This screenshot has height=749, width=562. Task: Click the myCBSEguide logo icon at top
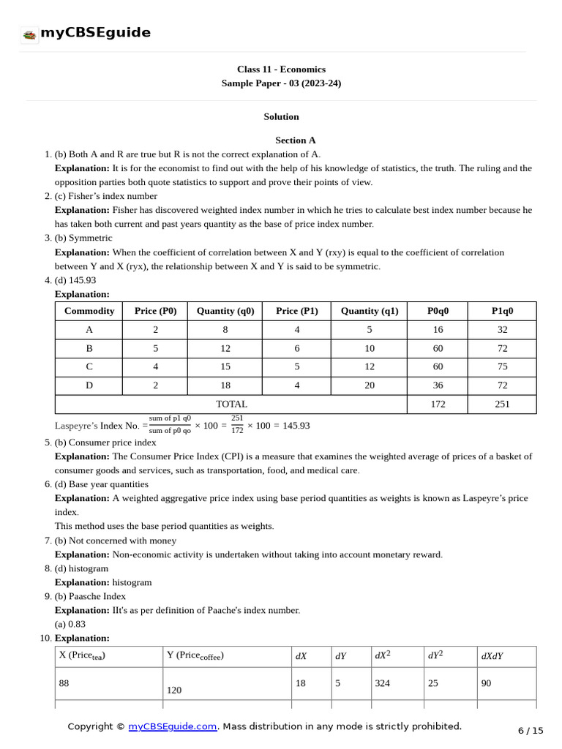(x=29, y=34)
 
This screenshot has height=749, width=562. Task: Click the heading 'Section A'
(x=296, y=140)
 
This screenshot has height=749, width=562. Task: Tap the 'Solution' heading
(x=281, y=116)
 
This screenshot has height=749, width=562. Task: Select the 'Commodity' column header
(x=89, y=311)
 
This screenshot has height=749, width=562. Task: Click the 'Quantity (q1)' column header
(x=370, y=311)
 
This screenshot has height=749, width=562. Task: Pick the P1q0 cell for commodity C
(x=502, y=366)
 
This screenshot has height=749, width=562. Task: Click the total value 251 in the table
(x=502, y=404)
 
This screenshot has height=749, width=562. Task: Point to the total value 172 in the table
(x=438, y=404)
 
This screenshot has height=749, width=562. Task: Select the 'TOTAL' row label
(x=231, y=404)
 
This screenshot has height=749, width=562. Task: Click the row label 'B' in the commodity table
(x=89, y=348)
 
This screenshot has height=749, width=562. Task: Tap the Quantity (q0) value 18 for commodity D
(x=225, y=385)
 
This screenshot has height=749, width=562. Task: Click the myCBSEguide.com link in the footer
(x=173, y=726)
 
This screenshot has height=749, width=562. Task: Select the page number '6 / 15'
(x=531, y=730)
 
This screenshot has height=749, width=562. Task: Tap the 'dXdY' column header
(x=492, y=656)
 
